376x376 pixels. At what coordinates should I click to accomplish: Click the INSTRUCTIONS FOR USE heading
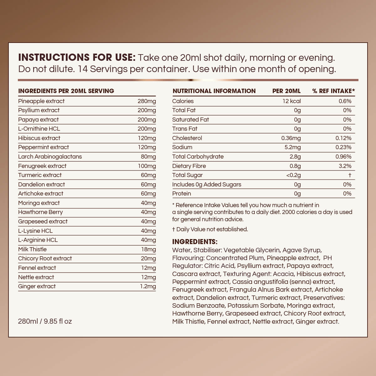click(x=77, y=57)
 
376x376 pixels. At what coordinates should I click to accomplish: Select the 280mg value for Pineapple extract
click(x=147, y=101)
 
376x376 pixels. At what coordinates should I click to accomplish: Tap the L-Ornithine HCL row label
click(x=39, y=129)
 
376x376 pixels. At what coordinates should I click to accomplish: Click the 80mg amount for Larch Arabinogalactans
click(x=148, y=157)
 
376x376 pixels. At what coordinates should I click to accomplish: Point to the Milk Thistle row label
click(x=32, y=249)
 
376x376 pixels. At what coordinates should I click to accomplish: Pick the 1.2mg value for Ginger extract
click(x=148, y=286)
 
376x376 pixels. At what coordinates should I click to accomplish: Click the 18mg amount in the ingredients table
click(x=149, y=249)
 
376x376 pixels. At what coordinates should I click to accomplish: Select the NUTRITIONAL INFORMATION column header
click(x=214, y=91)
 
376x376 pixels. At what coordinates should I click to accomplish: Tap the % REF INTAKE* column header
click(x=333, y=91)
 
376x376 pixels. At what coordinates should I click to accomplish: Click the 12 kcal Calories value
click(x=291, y=101)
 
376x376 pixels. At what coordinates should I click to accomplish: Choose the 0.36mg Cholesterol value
click(x=291, y=138)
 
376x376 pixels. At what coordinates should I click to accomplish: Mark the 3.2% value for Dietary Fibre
click(x=345, y=166)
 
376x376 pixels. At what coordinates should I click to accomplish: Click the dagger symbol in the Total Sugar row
click(x=350, y=175)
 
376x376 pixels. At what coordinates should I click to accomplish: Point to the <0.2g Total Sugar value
click(x=293, y=175)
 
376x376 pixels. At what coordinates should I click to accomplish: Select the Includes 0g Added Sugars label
click(x=207, y=185)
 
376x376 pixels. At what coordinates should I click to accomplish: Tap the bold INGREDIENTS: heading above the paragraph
click(x=195, y=242)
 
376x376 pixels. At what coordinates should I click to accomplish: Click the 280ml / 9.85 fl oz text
click(x=45, y=321)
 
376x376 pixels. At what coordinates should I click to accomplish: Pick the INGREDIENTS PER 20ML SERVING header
click(x=66, y=91)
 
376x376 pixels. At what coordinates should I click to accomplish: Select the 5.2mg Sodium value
click(x=293, y=147)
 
